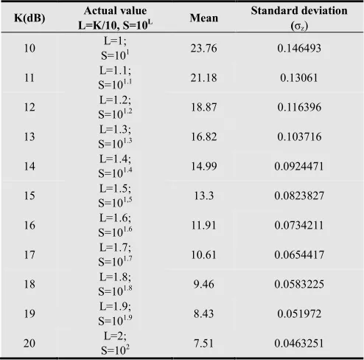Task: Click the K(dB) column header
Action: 29,18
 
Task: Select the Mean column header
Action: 204,18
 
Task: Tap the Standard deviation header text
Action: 299,11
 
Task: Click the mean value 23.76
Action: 204,48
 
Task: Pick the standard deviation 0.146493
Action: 299,48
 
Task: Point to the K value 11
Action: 29,77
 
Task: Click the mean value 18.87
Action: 204,107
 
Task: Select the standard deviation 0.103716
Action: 299,136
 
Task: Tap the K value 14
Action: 29,166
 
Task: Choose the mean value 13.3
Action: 204,195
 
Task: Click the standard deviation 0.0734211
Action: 299,225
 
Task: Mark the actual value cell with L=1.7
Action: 115,255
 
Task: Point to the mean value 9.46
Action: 204,284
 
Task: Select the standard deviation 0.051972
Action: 299,314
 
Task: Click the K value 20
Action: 29,343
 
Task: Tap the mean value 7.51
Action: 204,343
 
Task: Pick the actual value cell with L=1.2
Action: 115,107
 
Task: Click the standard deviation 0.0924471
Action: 299,166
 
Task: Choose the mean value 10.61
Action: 204,255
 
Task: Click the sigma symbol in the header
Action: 298,27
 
